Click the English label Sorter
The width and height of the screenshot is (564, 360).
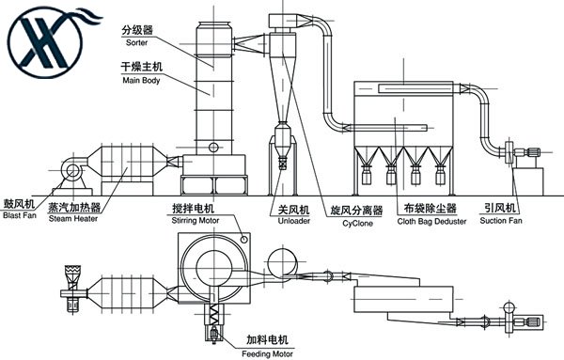point(136,42)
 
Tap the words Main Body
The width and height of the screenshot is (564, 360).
point(141,80)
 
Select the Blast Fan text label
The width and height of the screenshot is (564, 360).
point(20,215)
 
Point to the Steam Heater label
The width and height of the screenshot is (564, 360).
point(73,218)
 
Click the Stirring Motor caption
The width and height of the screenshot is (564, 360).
point(196,221)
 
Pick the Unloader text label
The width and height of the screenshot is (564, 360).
point(294,221)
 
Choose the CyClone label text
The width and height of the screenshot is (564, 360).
point(357,223)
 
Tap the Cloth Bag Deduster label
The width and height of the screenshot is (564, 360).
point(431,221)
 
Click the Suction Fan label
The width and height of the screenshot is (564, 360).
point(501,221)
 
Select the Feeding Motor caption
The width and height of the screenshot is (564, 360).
point(267,353)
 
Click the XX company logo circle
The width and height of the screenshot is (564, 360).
point(46,42)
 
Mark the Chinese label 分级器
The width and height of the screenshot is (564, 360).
point(137,30)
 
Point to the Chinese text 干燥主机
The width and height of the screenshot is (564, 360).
point(141,67)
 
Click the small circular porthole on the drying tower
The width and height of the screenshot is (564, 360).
point(213,147)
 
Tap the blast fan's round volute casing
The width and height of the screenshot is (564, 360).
point(72,170)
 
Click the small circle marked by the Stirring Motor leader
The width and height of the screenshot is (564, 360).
point(244,239)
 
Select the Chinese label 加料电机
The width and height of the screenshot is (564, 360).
point(267,339)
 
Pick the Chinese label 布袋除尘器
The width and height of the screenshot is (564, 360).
point(431,209)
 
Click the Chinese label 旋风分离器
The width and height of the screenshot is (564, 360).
point(356,211)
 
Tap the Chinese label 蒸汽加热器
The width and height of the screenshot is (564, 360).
point(74,207)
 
